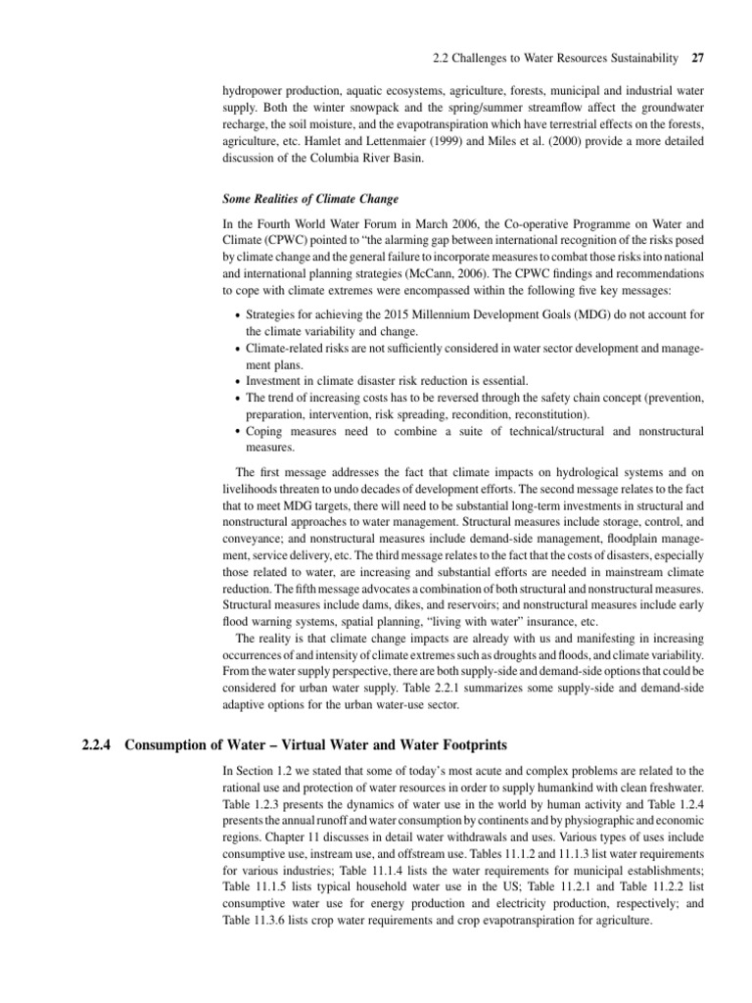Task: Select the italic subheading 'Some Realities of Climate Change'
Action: (x=310, y=199)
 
